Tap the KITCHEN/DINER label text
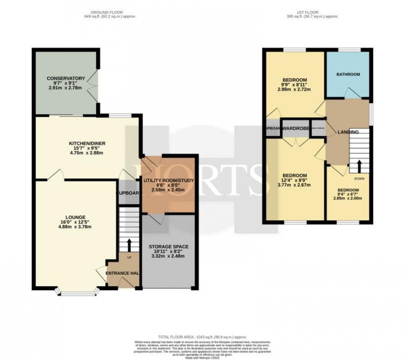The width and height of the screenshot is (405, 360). (x=87, y=143)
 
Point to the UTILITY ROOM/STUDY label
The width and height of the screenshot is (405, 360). (x=168, y=181)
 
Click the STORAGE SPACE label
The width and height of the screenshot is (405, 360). (x=168, y=246)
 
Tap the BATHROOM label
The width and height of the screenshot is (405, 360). (x=348, y=75)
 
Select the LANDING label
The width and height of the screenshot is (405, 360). (x=348, y=132)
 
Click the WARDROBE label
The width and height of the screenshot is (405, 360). (x=296, y=129)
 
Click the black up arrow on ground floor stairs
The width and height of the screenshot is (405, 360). (x=130, y=245)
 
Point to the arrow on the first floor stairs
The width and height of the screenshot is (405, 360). (x=359, y=166)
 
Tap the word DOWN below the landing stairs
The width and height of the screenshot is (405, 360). (x=359, y=179)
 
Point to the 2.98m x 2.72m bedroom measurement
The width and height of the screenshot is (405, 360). (x=294, y=89)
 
